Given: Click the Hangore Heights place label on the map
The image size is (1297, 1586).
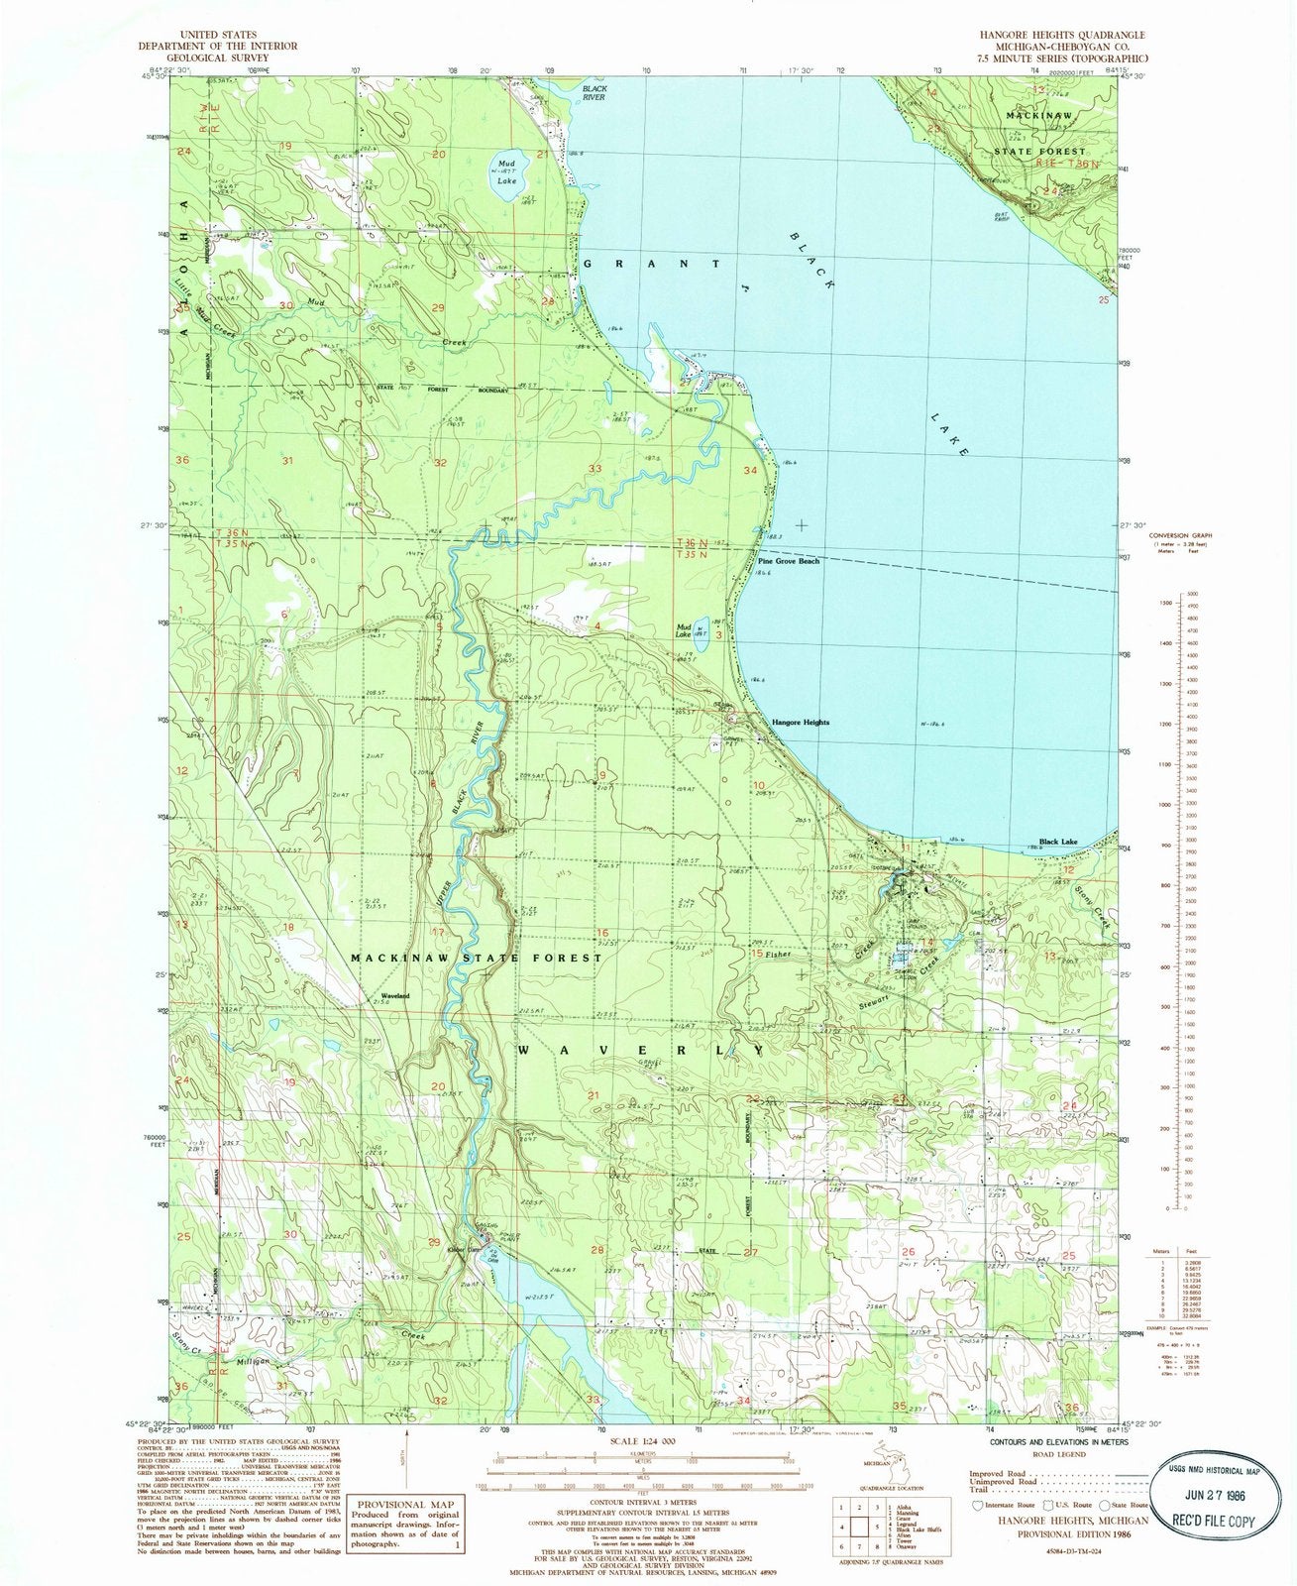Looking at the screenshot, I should tap(801, 723).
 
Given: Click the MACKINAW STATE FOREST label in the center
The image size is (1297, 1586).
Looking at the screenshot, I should tap(477, 958).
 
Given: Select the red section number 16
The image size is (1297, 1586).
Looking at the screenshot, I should tap(601, 933).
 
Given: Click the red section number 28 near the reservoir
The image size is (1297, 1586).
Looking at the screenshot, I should tap(596, 1251).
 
